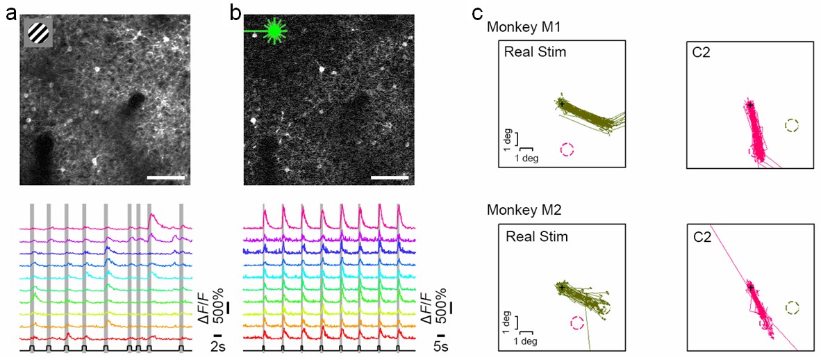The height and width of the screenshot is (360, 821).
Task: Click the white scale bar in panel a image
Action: (165, 178)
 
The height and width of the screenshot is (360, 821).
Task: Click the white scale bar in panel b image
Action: (389, 177)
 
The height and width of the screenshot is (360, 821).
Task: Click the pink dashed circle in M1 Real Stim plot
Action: (567, 149)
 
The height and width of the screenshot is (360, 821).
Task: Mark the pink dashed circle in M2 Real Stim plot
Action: (577, 322)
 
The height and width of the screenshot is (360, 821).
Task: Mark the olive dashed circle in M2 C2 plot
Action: (792, 308)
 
